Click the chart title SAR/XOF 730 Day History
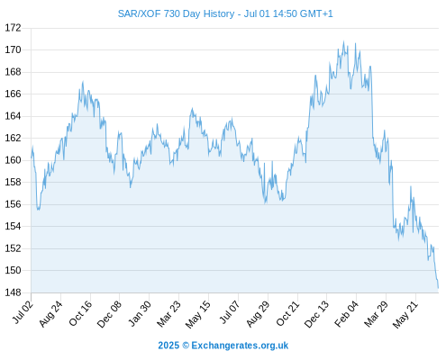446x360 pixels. tap(176, 13)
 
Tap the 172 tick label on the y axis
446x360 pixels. tap(13, 28)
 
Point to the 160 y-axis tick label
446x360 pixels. tap(13, 160)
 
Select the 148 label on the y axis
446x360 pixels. tap(13, 292)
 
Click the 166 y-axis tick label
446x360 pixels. tap(13, 94)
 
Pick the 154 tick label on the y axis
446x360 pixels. tap(13, 226)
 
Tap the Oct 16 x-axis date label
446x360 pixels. tap(80, 313)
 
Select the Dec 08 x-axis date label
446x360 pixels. tap(109, 314)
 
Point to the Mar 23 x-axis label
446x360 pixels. tap(168, 314)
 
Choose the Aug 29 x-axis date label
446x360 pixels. tap(258, 314)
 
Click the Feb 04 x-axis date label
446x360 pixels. tap(347, 314)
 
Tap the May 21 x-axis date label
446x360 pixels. tap(405, 314)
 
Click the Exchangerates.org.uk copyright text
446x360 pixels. tap(240, 346)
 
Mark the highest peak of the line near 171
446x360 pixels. tap(344, 41)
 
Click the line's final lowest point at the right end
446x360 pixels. tap(439, 288)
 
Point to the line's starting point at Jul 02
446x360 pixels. tap(32, 157)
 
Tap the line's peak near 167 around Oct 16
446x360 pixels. tap(83, 82)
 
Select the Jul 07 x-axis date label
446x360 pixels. tap(231, 312)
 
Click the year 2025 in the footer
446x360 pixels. tap(168, 346)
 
